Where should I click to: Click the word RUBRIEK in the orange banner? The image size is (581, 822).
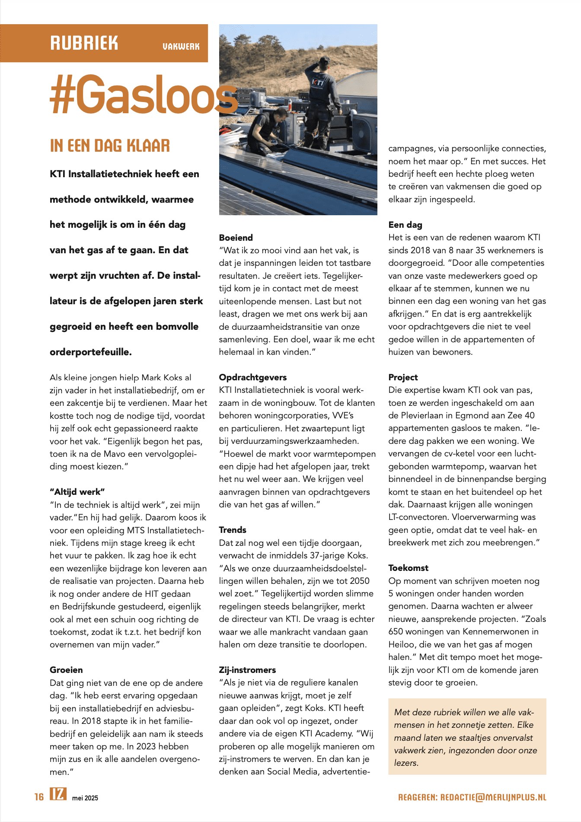point(84,43)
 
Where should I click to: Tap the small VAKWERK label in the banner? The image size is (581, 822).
point(181,46)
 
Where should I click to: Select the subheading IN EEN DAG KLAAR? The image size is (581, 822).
point(110,146)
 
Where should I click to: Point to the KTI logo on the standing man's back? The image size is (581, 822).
point(318,83)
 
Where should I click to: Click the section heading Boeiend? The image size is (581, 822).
point(236,238)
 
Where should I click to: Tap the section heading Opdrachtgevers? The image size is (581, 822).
point(252,377)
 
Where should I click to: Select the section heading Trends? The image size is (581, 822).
point(232,530)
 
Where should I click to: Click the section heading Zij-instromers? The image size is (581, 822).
point(247,670)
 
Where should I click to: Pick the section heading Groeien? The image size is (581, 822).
point(66,670)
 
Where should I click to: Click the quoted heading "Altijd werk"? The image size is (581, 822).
point(77,492)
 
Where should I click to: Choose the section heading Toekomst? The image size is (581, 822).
point(408,568)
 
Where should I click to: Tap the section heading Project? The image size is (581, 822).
point(403,377)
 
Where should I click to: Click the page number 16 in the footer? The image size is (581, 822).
point(39,797)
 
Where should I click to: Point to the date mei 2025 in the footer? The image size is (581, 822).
point(85,798)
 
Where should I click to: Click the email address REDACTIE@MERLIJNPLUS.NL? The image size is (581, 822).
point(493,797)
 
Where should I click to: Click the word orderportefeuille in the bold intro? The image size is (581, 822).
point(90,352)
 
